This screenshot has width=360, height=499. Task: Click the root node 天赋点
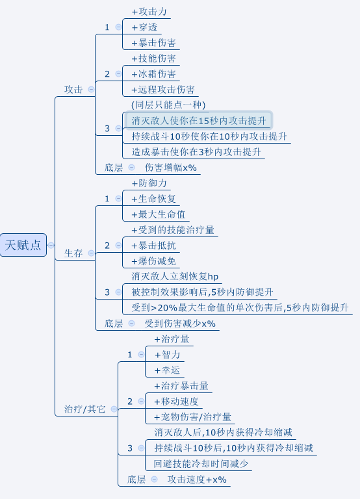click(x=23, y=245)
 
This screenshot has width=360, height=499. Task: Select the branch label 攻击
click(x=73, y=90)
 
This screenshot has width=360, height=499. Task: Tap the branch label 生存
click(x=73, y=253)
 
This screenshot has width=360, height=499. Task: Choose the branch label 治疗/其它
click(x=84, y=409)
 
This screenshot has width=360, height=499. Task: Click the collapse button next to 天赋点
click(x=51, y=245)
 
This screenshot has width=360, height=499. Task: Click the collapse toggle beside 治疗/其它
click(x=114, y=409)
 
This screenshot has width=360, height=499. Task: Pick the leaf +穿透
click(x=144, y=27)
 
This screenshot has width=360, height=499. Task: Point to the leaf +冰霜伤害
click(x=154, y=74)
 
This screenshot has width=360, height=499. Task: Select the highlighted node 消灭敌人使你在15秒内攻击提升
click(x=198, y=121)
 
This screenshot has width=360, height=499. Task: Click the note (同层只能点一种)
click(x=168, y=105)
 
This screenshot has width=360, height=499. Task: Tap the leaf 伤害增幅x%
click(x=171, y=168)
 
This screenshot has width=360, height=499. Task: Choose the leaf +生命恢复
click(x=154, y=199)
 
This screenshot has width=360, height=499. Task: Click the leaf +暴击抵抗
click(x=154, y=246)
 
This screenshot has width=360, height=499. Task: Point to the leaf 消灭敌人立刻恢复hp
click(x=175, y=276)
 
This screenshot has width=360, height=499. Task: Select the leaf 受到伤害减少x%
click(x=180, y=324)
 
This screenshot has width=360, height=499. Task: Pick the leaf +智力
click(x=168, y=355)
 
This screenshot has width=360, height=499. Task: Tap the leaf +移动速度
click(x=176, y=402)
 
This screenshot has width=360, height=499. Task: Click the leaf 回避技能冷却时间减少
click(x=201, y=464)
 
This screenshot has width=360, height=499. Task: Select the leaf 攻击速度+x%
click(x=197, y=480)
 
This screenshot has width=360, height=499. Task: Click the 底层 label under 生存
click(x=114, y=324)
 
